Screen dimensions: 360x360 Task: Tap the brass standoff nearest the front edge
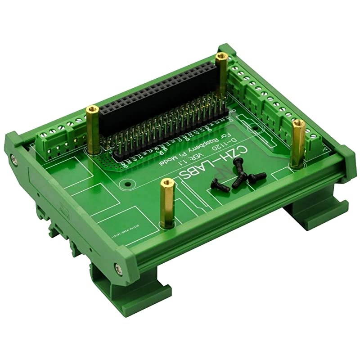pyautogui.click(x=166, y=202)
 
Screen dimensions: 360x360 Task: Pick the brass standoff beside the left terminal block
pyautogui.click(x=94, y=131)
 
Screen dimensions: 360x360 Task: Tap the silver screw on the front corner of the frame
pyautogui.click(x=119, y=269)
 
